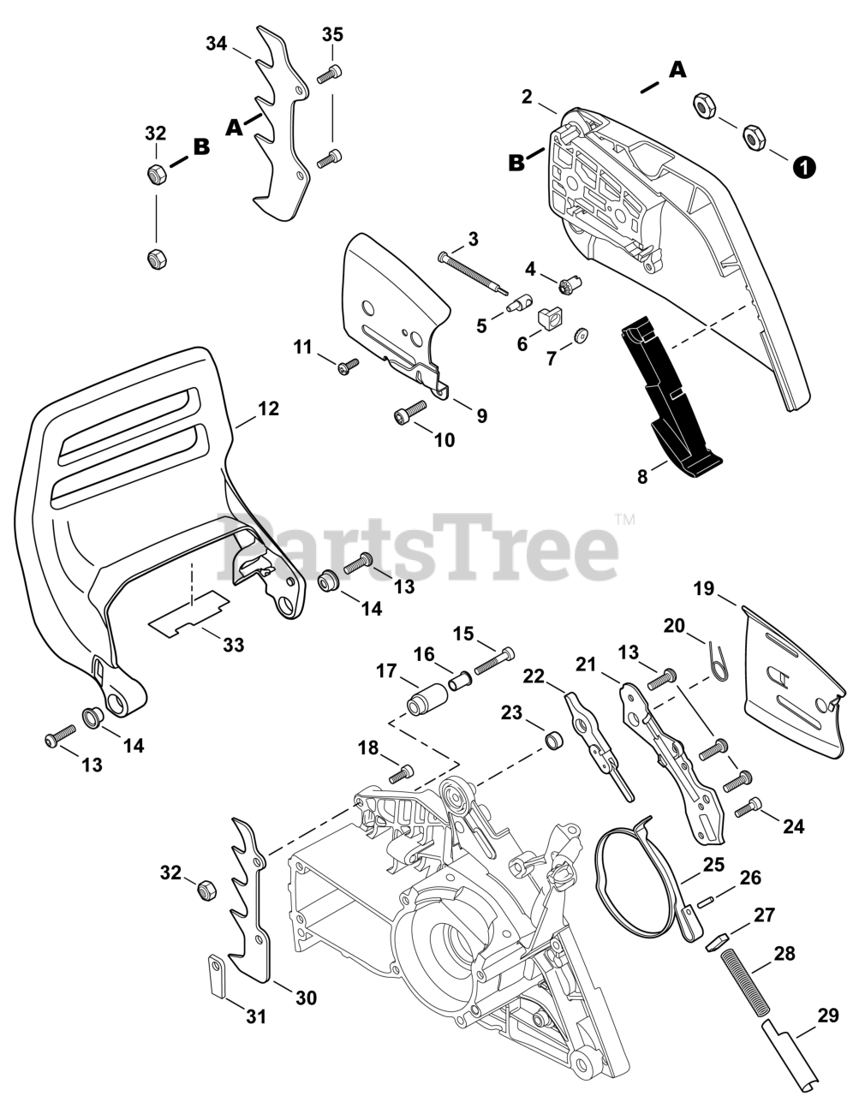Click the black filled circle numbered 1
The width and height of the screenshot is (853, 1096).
(x=803, y=167)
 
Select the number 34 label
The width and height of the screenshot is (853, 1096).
(x=217, y=44)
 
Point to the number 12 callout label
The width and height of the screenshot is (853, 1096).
(x=268, y=409)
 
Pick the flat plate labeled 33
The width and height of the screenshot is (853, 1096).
(x=189, y=612)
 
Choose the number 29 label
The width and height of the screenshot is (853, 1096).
(x=827, y=1016)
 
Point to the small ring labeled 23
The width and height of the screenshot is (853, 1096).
(x=555, y=737)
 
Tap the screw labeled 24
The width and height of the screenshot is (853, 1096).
(x=753, y=805)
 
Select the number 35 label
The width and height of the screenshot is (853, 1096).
(x=332, y=34)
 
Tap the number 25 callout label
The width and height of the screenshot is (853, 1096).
(x=714, y=864)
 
